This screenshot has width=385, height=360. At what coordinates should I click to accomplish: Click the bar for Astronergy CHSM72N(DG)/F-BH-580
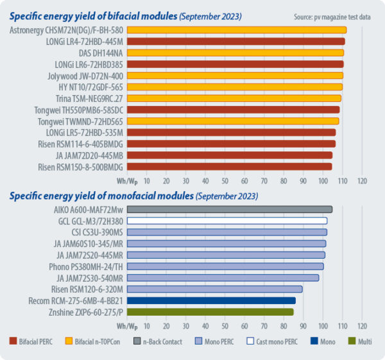coord(236,30)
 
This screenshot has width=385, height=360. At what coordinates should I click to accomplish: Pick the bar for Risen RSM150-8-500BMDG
coord(229,166)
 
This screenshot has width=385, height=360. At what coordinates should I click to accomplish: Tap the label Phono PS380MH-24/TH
coord(87,266)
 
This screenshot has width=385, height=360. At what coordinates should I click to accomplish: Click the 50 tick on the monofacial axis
coord(225,325)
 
